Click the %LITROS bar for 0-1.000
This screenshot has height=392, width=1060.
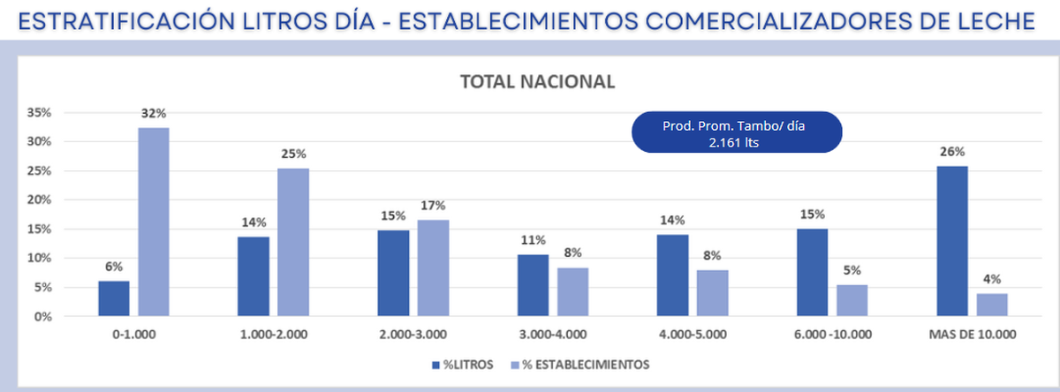point(113,298)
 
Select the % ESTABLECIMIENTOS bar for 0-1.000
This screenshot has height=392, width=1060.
point(154,222)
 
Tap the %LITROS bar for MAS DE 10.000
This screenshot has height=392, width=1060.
point(950,241)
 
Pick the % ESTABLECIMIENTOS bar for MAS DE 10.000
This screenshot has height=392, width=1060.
point(992,305)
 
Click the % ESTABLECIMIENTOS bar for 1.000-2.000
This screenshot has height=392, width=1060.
point(294,242)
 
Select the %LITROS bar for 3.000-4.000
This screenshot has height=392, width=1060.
point(533,285)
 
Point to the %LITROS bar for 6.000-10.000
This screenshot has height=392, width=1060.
point(812,272)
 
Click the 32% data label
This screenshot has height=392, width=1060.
point(154,113)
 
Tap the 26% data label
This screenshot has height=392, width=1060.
point(950,151)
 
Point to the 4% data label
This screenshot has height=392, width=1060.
point(992,279)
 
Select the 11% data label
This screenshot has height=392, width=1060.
point(533,240)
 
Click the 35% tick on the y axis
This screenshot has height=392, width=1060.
point(41,113)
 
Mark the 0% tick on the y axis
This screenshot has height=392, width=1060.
point(44,316)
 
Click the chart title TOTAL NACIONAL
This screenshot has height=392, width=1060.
point(537,81)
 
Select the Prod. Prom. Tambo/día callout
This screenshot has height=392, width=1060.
point(735,133)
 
